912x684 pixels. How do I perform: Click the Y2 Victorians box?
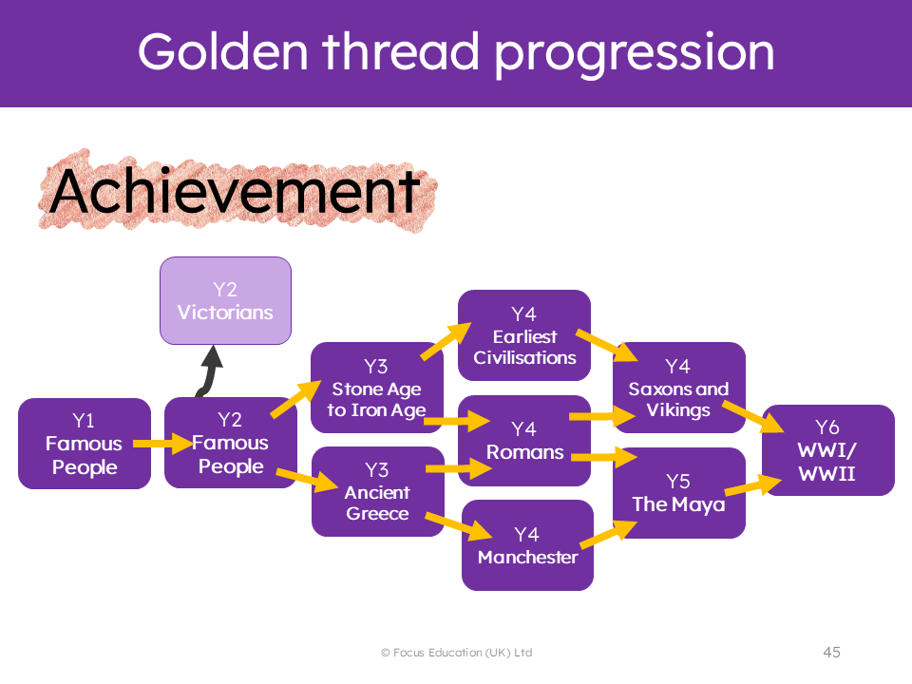[226, 301]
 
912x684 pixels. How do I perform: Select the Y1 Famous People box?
[85, 444]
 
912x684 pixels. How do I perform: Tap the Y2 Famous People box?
[230, 443]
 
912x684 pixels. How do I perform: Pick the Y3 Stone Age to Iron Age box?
[377, 388]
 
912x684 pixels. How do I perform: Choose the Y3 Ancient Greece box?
[378, 491]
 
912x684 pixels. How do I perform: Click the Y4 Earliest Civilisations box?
[524, 335]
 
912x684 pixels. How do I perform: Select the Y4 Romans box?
[524, 441]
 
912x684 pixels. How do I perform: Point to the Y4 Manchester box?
[527, 545]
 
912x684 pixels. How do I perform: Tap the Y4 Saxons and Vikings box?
[678, 388]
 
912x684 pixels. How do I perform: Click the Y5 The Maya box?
[678, 493]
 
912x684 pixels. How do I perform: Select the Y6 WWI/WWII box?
[828, 450]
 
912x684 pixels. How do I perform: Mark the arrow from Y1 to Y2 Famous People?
[162, 444]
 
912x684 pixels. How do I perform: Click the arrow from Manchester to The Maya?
[608, 533]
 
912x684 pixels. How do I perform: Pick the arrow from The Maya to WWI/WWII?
[753, 485]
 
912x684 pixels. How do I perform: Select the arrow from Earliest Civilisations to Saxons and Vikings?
[607, 345]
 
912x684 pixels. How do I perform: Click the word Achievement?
[235, 191]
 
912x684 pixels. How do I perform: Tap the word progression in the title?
[635, 53]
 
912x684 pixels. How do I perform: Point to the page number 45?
[832, 652]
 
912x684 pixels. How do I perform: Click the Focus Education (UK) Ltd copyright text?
[457, 653]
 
